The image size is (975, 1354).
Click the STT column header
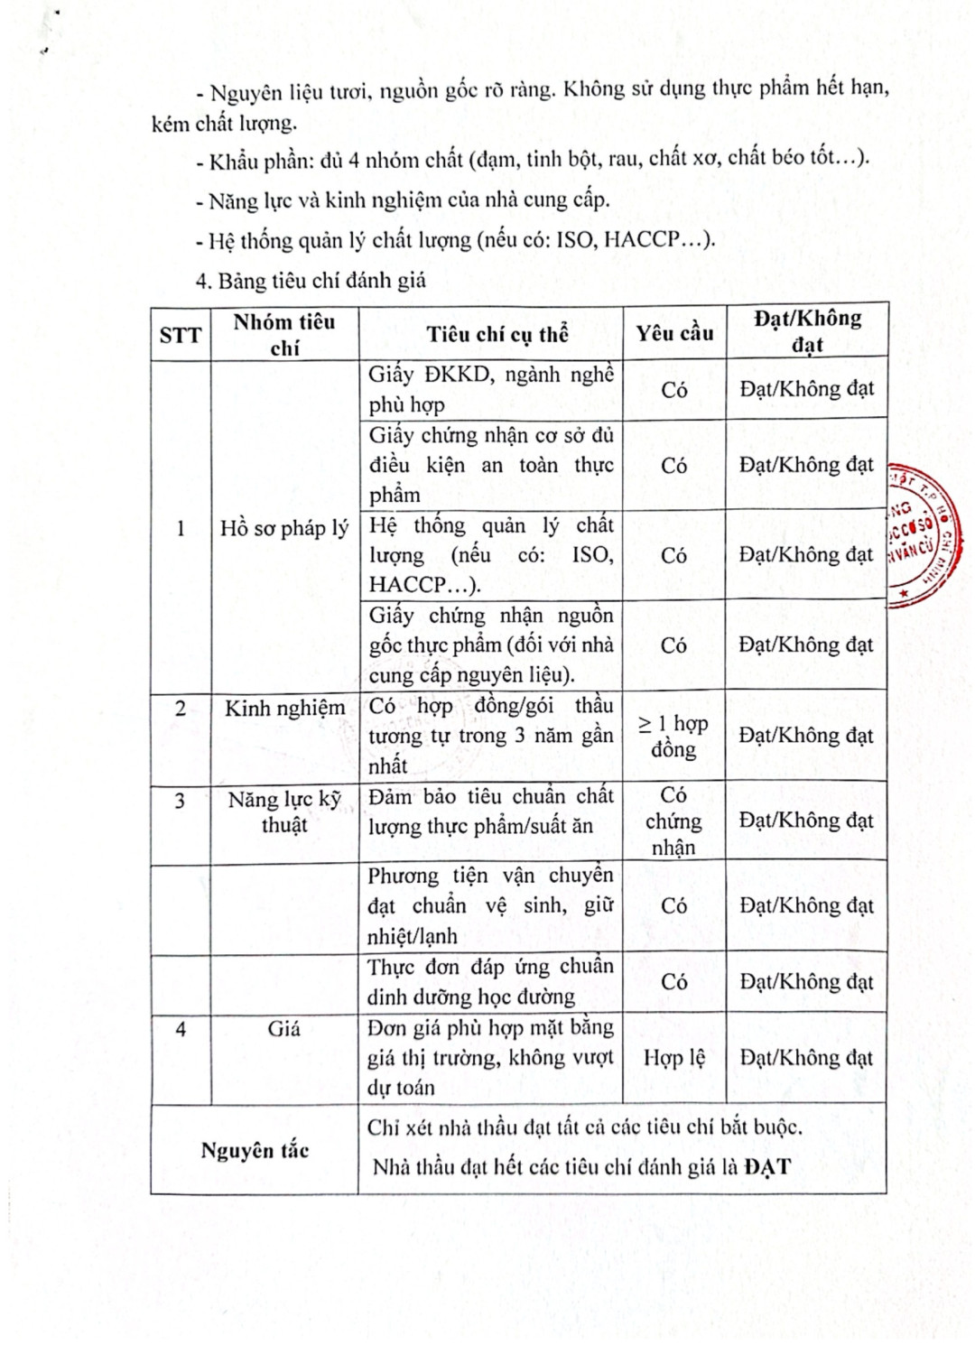point(181,335)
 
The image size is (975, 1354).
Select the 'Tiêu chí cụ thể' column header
point(497,334)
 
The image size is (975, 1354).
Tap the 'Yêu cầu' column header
point(674,333)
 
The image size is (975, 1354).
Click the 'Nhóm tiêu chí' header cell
point(284,334)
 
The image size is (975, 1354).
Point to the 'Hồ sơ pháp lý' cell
point(284,528)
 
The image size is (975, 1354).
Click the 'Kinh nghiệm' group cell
point(284,709)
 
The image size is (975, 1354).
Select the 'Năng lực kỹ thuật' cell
point(284,811)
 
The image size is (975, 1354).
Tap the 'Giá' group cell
point(283,1028)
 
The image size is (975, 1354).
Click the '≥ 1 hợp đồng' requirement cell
point(673,736)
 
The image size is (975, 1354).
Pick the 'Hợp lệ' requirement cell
point(674,1057)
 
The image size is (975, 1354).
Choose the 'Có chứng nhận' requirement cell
point(673,821)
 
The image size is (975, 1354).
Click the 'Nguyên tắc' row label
point(255,1150)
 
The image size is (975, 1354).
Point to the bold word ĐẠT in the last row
point(767,1167)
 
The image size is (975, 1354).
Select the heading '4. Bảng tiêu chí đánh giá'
point(311,281)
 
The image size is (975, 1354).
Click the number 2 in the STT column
point(181,709)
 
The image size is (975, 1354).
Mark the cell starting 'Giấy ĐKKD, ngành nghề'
point(491,389)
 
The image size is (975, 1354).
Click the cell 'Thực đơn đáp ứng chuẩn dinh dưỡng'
point(490,981)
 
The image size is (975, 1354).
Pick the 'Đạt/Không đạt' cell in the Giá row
point(806,1057)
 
